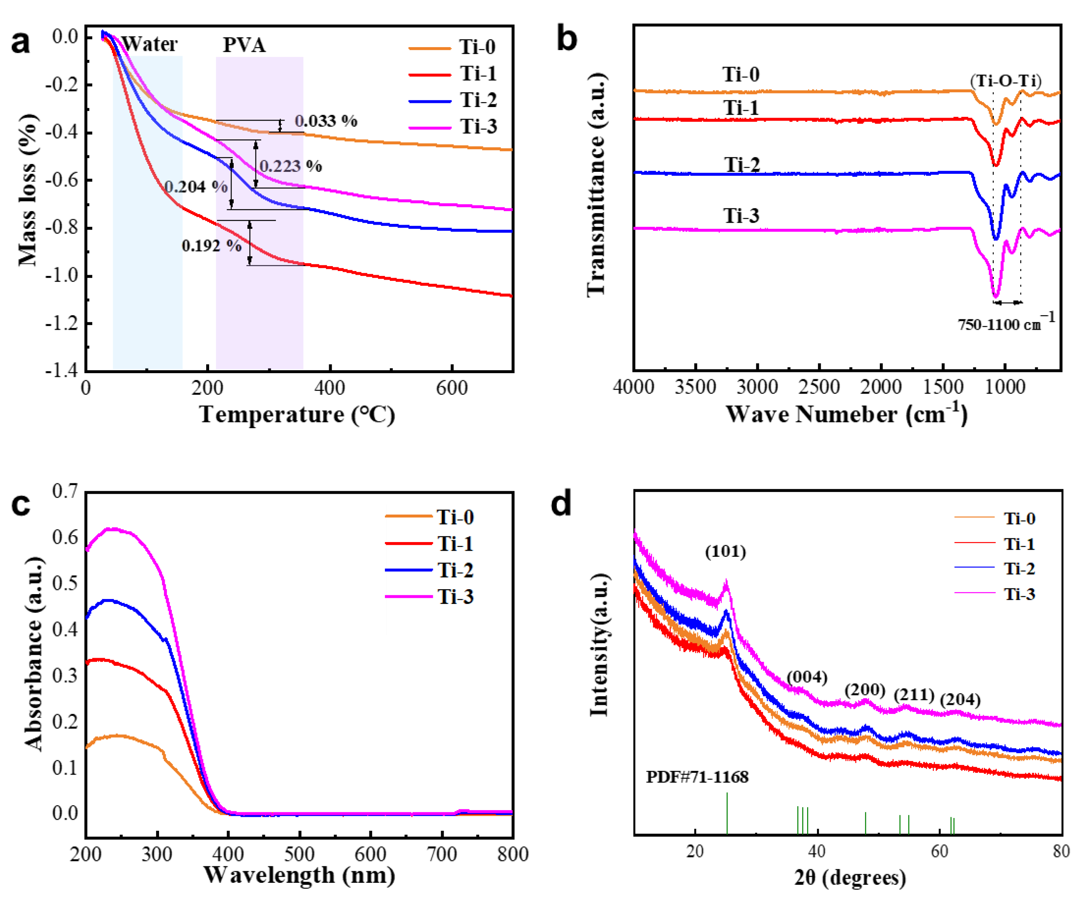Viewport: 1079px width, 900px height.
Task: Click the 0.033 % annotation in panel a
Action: pos(326,121)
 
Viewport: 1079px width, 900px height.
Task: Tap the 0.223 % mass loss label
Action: pos(290,166)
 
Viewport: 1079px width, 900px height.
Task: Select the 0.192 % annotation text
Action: pos(211,246)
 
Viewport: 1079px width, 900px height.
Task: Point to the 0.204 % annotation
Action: pos(196,187)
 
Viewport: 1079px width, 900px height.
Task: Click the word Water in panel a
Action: pos(149,44)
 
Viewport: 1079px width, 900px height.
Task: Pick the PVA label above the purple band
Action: pos(244,45)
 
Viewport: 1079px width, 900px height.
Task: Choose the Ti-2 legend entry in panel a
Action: pos(478,100)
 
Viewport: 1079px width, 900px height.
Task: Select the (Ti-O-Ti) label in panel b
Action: pos(1006,81)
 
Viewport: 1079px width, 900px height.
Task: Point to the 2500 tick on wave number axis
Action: pos(819,387)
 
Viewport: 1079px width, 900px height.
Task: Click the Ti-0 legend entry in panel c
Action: pos(455,517)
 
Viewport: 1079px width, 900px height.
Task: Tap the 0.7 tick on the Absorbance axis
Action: pos(65,491)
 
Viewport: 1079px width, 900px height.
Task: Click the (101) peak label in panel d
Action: pos(725,551)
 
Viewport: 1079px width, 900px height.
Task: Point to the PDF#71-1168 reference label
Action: pos(697,777)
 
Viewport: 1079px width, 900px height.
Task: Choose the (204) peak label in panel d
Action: pos(960,699)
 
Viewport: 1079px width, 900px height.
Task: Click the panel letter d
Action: pos(561,504)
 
